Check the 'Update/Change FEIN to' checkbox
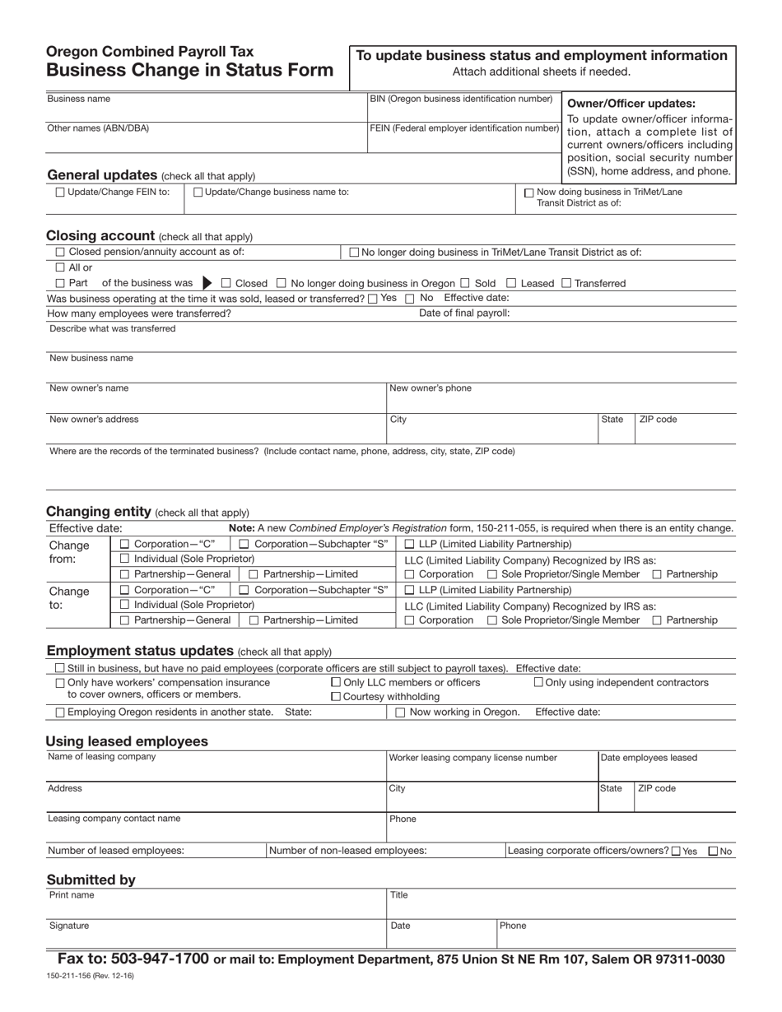(x=59, y=193)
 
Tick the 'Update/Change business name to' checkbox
(x=198, y=193)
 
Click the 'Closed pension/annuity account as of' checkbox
(x=59, y=253)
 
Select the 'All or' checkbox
(x=59, y=267)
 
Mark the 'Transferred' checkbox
(x=566, y=283)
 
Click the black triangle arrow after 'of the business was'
(x=207, y=283)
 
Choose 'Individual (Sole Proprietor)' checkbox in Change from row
(x=124, y=559)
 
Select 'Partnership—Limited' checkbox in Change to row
(x=254, y=620)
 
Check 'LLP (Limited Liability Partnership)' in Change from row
(x=410, y=545)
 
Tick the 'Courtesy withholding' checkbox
(x=335, y=697)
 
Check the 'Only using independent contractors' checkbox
(x=538, y=682)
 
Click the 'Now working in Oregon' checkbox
(x=400, y=713)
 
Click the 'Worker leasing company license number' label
(x=472, y=758)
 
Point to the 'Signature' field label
(x=69, y=926)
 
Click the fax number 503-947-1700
(x=156, y=959)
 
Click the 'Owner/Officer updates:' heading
(x=631, y=104)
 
